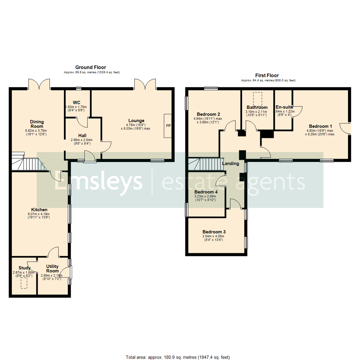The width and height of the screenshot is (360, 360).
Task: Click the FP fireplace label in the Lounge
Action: [x=168, y=126]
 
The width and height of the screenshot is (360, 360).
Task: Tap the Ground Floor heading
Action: [x=91, y=67]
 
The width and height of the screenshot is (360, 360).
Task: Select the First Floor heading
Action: [x=267, y=75]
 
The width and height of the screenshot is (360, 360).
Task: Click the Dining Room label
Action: [x=37, y=124]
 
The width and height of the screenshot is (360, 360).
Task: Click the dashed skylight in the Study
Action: [x=24, y=283]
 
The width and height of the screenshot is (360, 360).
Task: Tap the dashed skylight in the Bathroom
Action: [x=257, y=98]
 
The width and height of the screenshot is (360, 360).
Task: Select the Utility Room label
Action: [x=52, y=269]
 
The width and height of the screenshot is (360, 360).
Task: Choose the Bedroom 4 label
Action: [x=206, y=192]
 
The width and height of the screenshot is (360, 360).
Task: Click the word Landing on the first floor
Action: [x=230, y=164]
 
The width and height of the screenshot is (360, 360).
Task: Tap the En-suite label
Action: [x=284, y=107]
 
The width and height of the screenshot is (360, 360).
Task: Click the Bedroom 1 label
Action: [x=320, y=126]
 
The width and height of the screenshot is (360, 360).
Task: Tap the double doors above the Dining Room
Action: [x=39, y=84]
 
